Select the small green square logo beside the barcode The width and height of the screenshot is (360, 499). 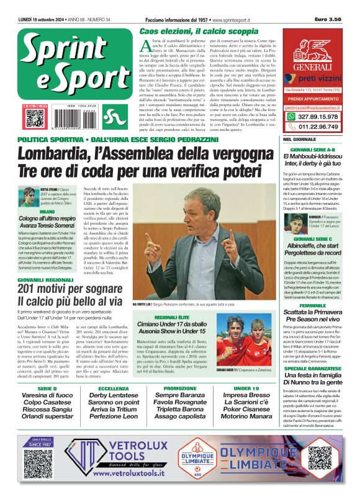point(110,116)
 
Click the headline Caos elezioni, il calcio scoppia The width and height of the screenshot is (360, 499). point(199,30)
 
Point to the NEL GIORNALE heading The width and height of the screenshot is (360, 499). point(300,140)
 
